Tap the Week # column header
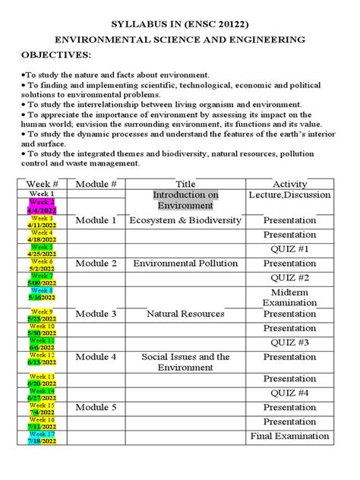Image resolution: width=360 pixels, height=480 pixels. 43,185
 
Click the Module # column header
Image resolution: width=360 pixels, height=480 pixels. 96,185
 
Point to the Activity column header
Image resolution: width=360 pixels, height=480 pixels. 289,185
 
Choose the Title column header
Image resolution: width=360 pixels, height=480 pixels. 185,185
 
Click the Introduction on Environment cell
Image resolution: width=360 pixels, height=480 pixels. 185,201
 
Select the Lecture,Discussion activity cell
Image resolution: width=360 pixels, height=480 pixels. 289,195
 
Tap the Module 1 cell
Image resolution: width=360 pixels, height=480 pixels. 96,220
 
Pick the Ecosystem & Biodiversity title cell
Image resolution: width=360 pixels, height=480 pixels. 185,220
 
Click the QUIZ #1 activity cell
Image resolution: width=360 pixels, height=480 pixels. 289,249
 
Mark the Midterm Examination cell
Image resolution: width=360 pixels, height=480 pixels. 289,298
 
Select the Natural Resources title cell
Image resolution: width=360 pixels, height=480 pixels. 185,314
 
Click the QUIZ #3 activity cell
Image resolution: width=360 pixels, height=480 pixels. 289,343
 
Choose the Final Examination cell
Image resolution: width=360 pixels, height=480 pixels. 289,436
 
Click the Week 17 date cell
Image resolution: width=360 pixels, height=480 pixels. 43,437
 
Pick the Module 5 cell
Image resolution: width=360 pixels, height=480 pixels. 96,408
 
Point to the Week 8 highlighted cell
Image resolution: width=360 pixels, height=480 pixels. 43,294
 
